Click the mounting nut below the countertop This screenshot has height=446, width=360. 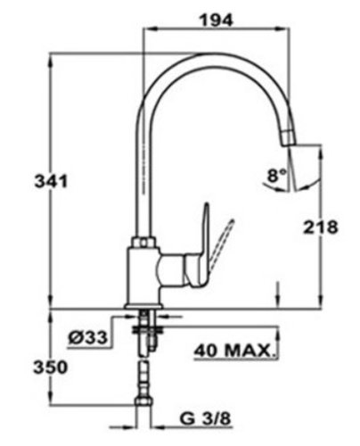click(148, 329)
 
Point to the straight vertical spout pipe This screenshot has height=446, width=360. click(146, 178)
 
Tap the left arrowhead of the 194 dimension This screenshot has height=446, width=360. click(149, 29)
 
